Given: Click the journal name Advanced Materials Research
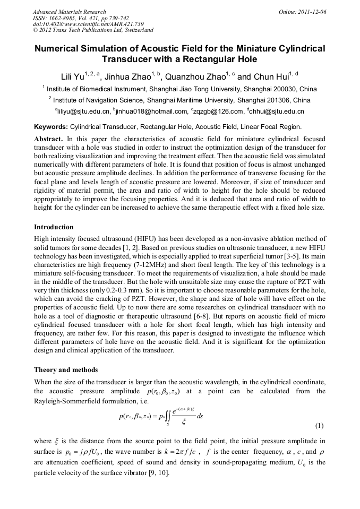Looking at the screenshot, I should pyautogui.click(x=69, y=12).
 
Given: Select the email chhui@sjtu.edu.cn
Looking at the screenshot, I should pyautogui.click(x=277, y=111).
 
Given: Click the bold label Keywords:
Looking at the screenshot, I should pyautogui.click(x=51, y=127).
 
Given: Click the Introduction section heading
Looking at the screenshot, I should pyautogui.click(x=54, y=227).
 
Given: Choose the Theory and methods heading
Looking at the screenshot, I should pyautogui.click(x=66, y=369).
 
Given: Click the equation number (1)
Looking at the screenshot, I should pyautogui.click(x=320, y=426).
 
